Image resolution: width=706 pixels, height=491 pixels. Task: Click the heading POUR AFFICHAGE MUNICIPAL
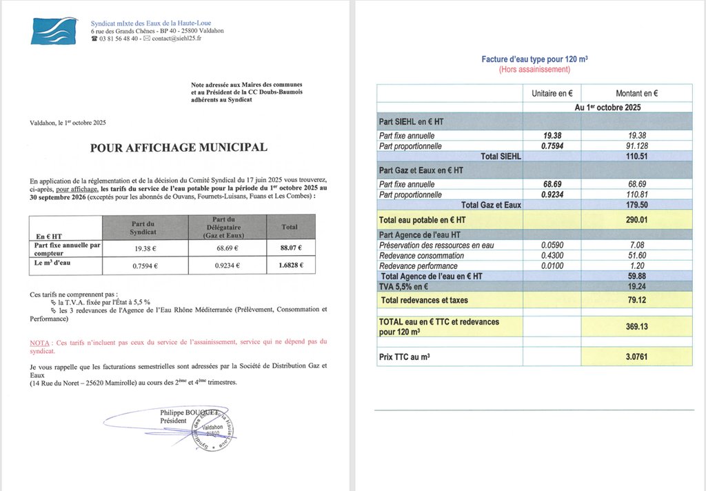(179, 148)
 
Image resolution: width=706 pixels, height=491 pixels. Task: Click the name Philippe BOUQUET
(188, 412)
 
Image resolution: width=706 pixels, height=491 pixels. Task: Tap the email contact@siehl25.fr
(172, 39)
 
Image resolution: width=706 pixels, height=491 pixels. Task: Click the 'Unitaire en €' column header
(552, 93)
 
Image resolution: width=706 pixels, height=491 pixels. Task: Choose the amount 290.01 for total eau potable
(636, 219)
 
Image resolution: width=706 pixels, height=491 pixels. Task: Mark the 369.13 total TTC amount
(636, 326)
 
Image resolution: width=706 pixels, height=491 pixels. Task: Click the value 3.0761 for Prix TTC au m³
(636, 358)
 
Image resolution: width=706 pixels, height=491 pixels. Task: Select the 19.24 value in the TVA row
(636, 286)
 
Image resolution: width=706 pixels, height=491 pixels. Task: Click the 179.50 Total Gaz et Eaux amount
(636, 205)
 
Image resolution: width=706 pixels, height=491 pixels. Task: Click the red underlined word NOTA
(40, 342)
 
